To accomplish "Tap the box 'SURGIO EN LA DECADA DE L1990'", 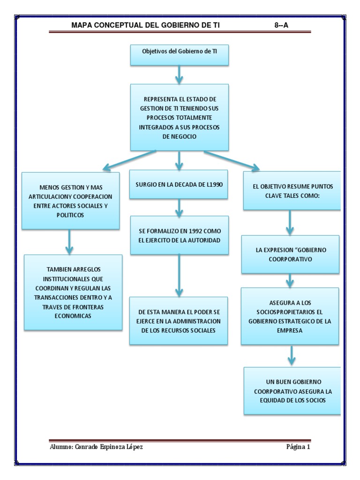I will (x=180, y=184).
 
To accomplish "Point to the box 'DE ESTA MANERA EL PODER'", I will (x=180, y=321).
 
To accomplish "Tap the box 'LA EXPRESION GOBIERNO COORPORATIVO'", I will (x=291, y=255).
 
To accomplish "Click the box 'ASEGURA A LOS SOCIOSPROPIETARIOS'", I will (x=291, y=316).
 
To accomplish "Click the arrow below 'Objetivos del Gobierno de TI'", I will (x=180, y=74).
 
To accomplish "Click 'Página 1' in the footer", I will (x=299, y=447).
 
